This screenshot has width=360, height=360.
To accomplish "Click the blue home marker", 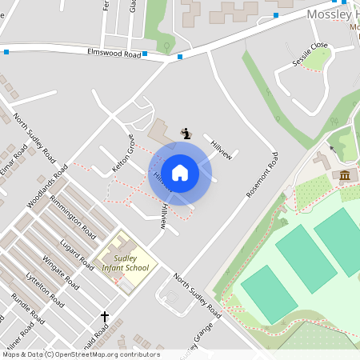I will tap(180, 173).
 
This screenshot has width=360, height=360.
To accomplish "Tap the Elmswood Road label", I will tap(114, 54).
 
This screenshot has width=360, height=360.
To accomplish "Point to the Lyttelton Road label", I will tap(45, 288).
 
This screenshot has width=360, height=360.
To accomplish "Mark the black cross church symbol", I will tap(104, 318).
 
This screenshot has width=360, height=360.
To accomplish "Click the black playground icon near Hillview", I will tap(186, 134).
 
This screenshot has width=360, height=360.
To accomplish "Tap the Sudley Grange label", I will tap(197, 341).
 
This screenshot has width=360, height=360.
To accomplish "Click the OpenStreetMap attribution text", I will tap(80, 354).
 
